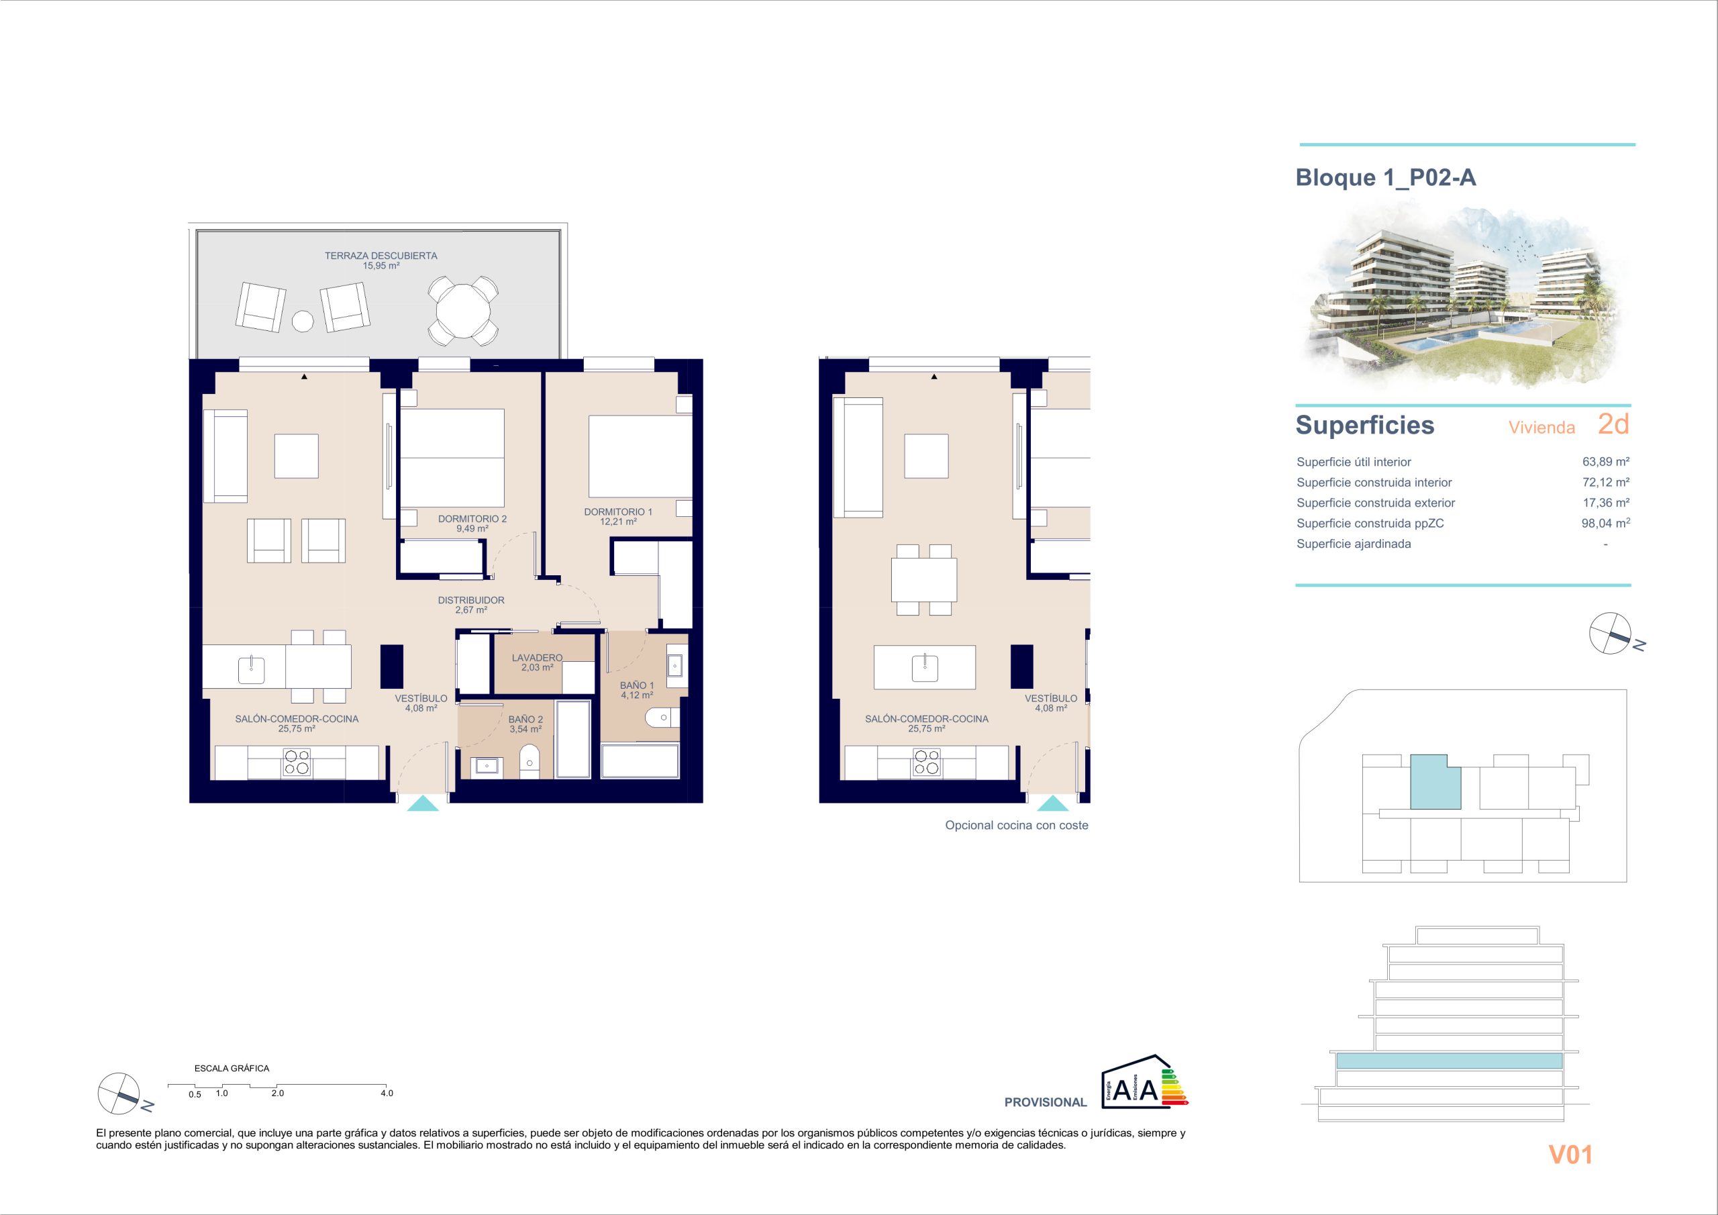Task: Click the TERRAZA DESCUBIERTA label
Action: [x=381, y=255]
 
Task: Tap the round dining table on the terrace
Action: [x=463, y=311]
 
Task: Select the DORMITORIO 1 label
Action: [x=618, y=512]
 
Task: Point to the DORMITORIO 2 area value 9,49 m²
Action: [x=472, y=528]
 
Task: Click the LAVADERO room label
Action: [x=538, y=657]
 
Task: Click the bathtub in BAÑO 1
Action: [x=640, y=761]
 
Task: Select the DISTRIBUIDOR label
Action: [x=471, y=599]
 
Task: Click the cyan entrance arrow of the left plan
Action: [x=423, y=804]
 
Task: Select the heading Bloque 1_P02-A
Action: [x=1386, y=177]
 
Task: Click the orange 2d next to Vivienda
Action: [x=1614, y=424]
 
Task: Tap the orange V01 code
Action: [x=1570, y=1155]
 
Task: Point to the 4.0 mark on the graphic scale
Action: [x=386, y=1093]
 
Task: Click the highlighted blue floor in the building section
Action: [x=1450, y=1061]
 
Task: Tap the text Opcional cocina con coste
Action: [x=1017, y=825]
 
